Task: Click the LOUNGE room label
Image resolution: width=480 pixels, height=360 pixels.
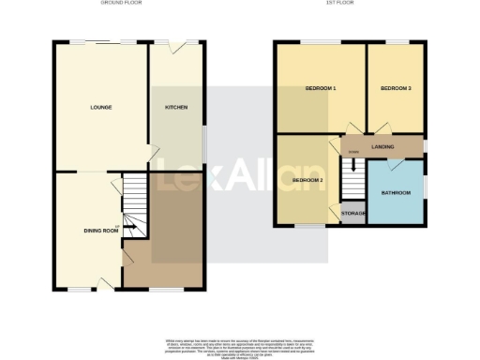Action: [x=101, y=108]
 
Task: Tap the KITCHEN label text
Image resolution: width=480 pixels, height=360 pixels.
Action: [x=176, y=108]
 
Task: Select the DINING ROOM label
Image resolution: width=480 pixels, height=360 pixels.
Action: [x=101, y=230]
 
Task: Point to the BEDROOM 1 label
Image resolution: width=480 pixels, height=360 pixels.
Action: [x=321, y=89]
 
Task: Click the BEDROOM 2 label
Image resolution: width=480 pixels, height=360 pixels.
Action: [x=307, y=180]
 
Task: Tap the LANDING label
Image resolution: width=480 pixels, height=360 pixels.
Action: [x=382, y=147]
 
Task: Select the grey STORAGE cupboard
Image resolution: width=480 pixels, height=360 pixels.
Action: [x=353, y=214]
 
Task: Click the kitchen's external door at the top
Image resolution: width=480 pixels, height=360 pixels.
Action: [x=170, y=47]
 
